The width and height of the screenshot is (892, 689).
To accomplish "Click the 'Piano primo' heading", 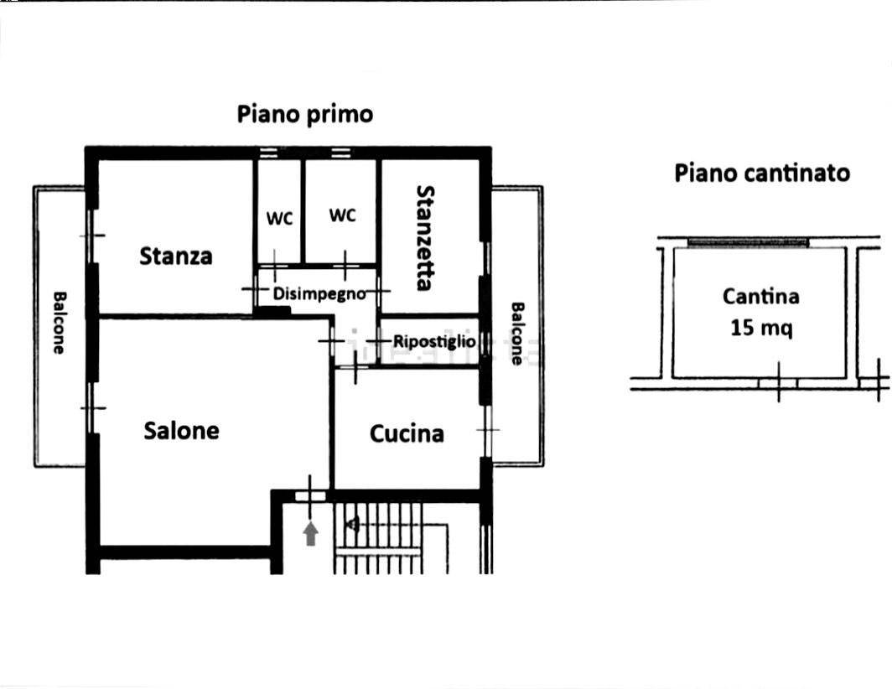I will click(x=305, y=114).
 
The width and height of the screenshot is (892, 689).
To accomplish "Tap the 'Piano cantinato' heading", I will click(x=762, y=174).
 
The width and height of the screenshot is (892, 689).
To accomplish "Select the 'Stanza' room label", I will click(x=176, y=256).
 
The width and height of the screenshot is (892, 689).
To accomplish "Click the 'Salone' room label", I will click(x=181, y=431).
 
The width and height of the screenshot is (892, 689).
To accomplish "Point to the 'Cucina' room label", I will click(x=407, y=434).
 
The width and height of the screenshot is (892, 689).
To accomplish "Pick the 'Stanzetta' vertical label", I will click(x=425, y=237).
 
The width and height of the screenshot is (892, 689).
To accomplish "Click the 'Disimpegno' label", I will click(x=319, y=294).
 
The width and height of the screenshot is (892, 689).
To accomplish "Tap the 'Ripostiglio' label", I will click(x=434, y=342).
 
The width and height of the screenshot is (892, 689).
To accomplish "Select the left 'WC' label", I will click(x=279, y=219).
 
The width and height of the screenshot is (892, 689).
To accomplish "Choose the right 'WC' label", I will click(x=342, y=215).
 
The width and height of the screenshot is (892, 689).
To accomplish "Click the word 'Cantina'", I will click(x=761, y=297).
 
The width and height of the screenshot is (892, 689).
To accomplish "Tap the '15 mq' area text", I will click(x=761, y=328).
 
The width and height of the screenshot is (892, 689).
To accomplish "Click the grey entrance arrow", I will click(x=310, y=533).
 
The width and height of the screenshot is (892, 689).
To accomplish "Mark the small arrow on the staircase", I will click(x=353, y=525).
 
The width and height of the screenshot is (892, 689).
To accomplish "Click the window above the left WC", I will click(x=268, y=152).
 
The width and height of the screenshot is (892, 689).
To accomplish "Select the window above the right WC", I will click(x=340, y=152).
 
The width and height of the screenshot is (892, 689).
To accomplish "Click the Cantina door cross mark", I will click(x=779, y=382).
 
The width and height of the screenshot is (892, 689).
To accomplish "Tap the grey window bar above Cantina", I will click(x=748, y=242).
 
